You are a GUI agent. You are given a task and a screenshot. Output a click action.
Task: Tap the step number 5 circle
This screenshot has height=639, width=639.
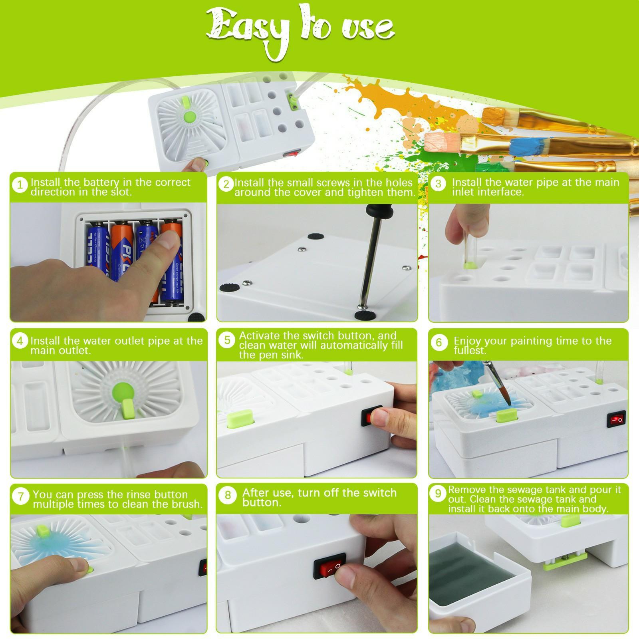pyautogui.click(x=227, y=340)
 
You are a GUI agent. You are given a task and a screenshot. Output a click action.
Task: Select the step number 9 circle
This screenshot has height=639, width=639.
pyautogui.click(x=438, y=494)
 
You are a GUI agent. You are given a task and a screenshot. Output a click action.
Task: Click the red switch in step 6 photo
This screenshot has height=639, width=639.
pyautogui.click(x=615, y=419)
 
